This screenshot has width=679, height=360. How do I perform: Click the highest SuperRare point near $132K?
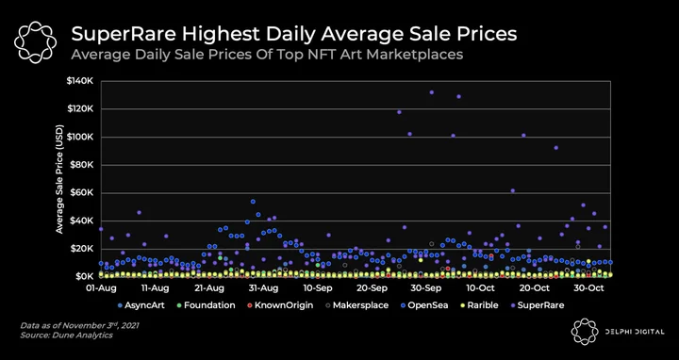tap(431, 92)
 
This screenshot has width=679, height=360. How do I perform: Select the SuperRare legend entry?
tap(537, 305)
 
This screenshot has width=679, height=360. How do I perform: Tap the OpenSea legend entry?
tap(424, 305)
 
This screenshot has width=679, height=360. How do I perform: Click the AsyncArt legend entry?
tap(141, 305)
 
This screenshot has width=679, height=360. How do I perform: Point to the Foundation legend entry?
tap(206, 305)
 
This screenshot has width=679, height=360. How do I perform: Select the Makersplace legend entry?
tap(356, 305)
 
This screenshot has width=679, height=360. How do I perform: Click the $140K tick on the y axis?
tap(84, 81)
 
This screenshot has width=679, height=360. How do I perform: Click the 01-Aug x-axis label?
tap(101, 288)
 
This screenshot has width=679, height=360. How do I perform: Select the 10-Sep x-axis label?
tap(319, 288)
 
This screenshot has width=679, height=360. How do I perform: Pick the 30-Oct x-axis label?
tap(588, 288)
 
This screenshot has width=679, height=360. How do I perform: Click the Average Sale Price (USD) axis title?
tap(59, 179)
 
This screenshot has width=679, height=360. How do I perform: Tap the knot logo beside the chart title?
tap(36, 42)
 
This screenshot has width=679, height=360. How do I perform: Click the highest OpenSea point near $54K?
tap(253, 202)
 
